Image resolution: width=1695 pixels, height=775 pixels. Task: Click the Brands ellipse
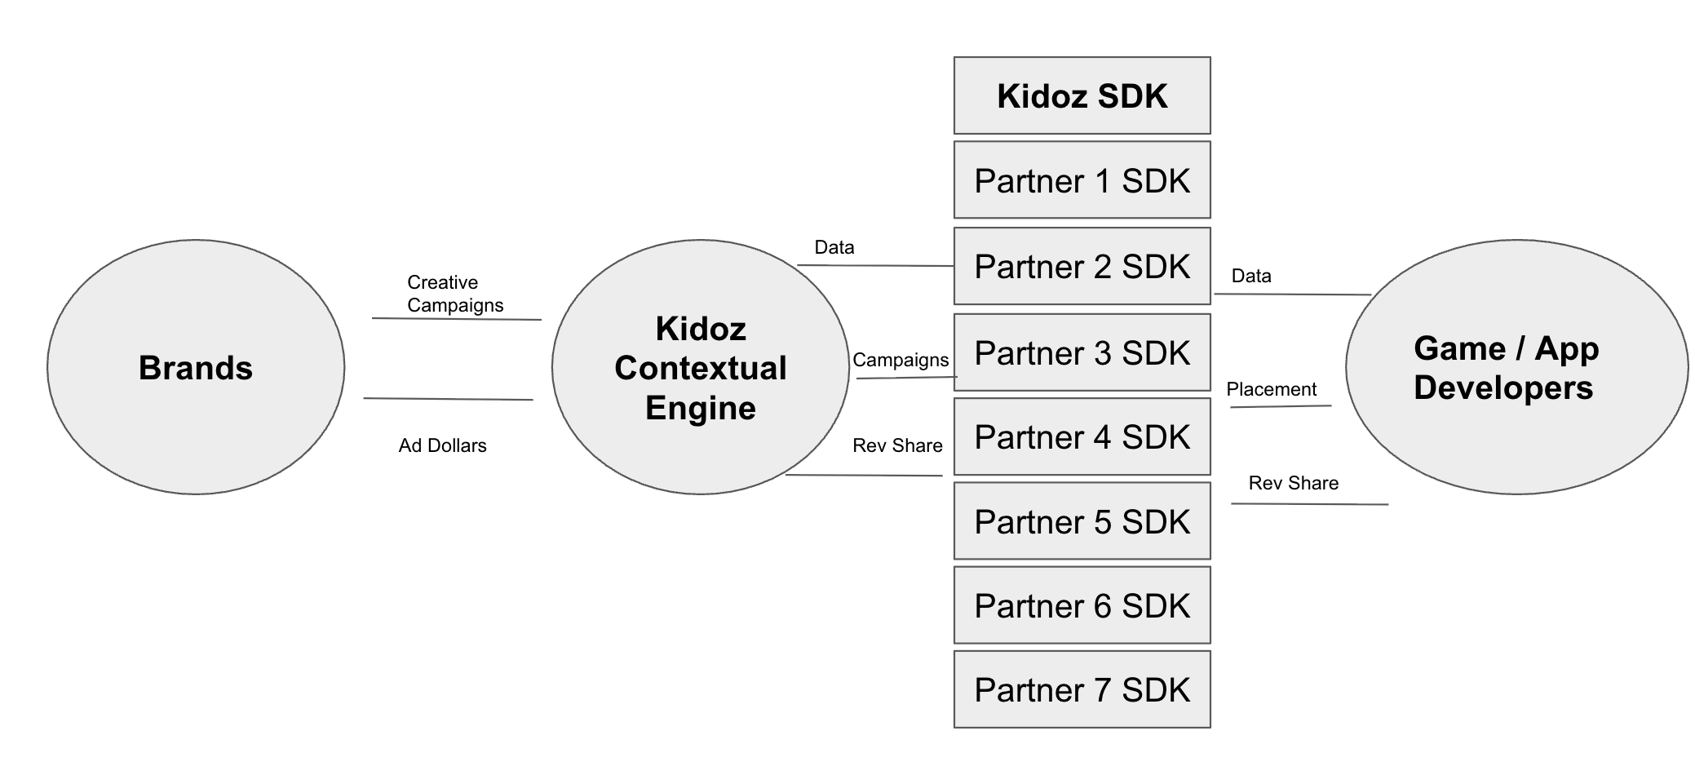point(196,367)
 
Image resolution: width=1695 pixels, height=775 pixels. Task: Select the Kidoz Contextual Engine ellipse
point(700,367)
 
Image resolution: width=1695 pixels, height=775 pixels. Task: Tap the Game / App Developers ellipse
point(1516,367)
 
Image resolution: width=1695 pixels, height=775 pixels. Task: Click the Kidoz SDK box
point(1082,95)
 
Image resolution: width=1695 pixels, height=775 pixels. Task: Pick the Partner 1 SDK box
point(1082,180)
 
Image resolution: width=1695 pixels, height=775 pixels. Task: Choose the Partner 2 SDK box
point(1082,266)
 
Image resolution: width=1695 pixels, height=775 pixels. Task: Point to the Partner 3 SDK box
point(1082,352)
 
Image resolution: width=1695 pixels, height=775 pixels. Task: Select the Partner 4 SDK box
point(1082,436)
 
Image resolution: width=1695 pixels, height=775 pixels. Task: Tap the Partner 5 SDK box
point(1082,521)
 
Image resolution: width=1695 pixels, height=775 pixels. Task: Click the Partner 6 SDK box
point(1082,605)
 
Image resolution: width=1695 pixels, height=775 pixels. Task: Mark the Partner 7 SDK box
point(1082,689)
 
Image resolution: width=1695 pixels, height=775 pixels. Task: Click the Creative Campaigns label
point(454,294)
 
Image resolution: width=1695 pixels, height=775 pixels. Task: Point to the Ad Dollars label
point(442,445)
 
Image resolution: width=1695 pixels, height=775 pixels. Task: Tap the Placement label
point(1271,389)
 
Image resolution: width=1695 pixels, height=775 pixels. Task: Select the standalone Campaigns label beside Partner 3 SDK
point(901,360)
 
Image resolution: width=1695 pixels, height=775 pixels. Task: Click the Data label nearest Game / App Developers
point(1251,276)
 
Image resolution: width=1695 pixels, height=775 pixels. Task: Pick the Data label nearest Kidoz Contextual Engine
point(834,247)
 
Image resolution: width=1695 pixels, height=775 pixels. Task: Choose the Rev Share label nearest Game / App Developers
point(1293,483)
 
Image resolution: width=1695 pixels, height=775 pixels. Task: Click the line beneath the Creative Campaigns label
point(457,319)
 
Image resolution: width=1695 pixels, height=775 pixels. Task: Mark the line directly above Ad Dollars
point(448,399)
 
